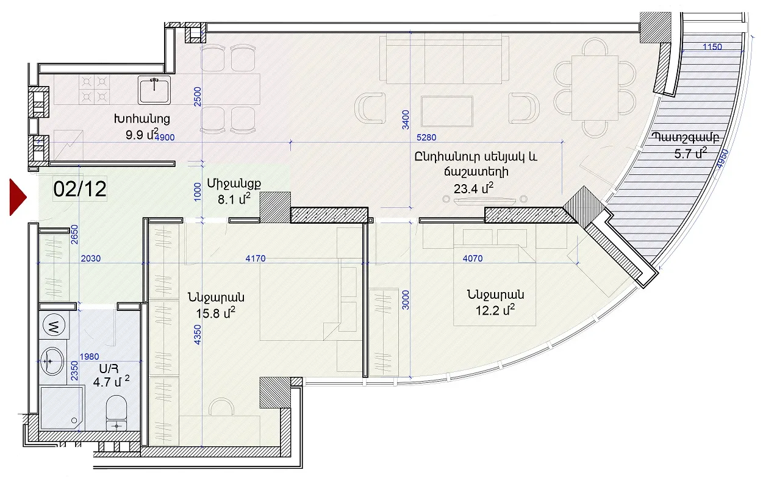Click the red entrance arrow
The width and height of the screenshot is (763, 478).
click(x=17, y=197)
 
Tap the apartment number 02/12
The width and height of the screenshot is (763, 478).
click(x=80, y=189)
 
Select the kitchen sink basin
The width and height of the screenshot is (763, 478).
click(x=154, y=90)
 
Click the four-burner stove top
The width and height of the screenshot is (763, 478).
click(x=95, y=90)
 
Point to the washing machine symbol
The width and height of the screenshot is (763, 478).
click(x=54, y=325)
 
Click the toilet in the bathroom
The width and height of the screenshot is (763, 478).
click(x=116, y=413)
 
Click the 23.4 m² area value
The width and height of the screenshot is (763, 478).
click(x=473, y=188)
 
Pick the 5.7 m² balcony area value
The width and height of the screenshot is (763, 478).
click(x=690, y=153)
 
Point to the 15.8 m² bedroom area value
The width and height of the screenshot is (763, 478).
click(x=216, y=313)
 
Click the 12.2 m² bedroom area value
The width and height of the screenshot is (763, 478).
click(x=495, y=310)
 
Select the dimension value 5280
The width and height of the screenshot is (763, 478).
click(x=426, y=137)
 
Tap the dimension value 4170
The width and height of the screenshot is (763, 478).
click(x=256, y=259)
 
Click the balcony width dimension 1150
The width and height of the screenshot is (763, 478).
click(x=712, y=47)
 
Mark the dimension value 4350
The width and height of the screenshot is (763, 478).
click(x=197, y=335)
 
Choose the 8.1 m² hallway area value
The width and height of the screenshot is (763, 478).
click(x=234, y=199)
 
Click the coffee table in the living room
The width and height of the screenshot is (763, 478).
click(x=447, y=112)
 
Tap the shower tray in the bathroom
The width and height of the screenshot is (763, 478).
click(x=62, y=408)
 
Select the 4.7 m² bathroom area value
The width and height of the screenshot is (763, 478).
click(x=112, y=381)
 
